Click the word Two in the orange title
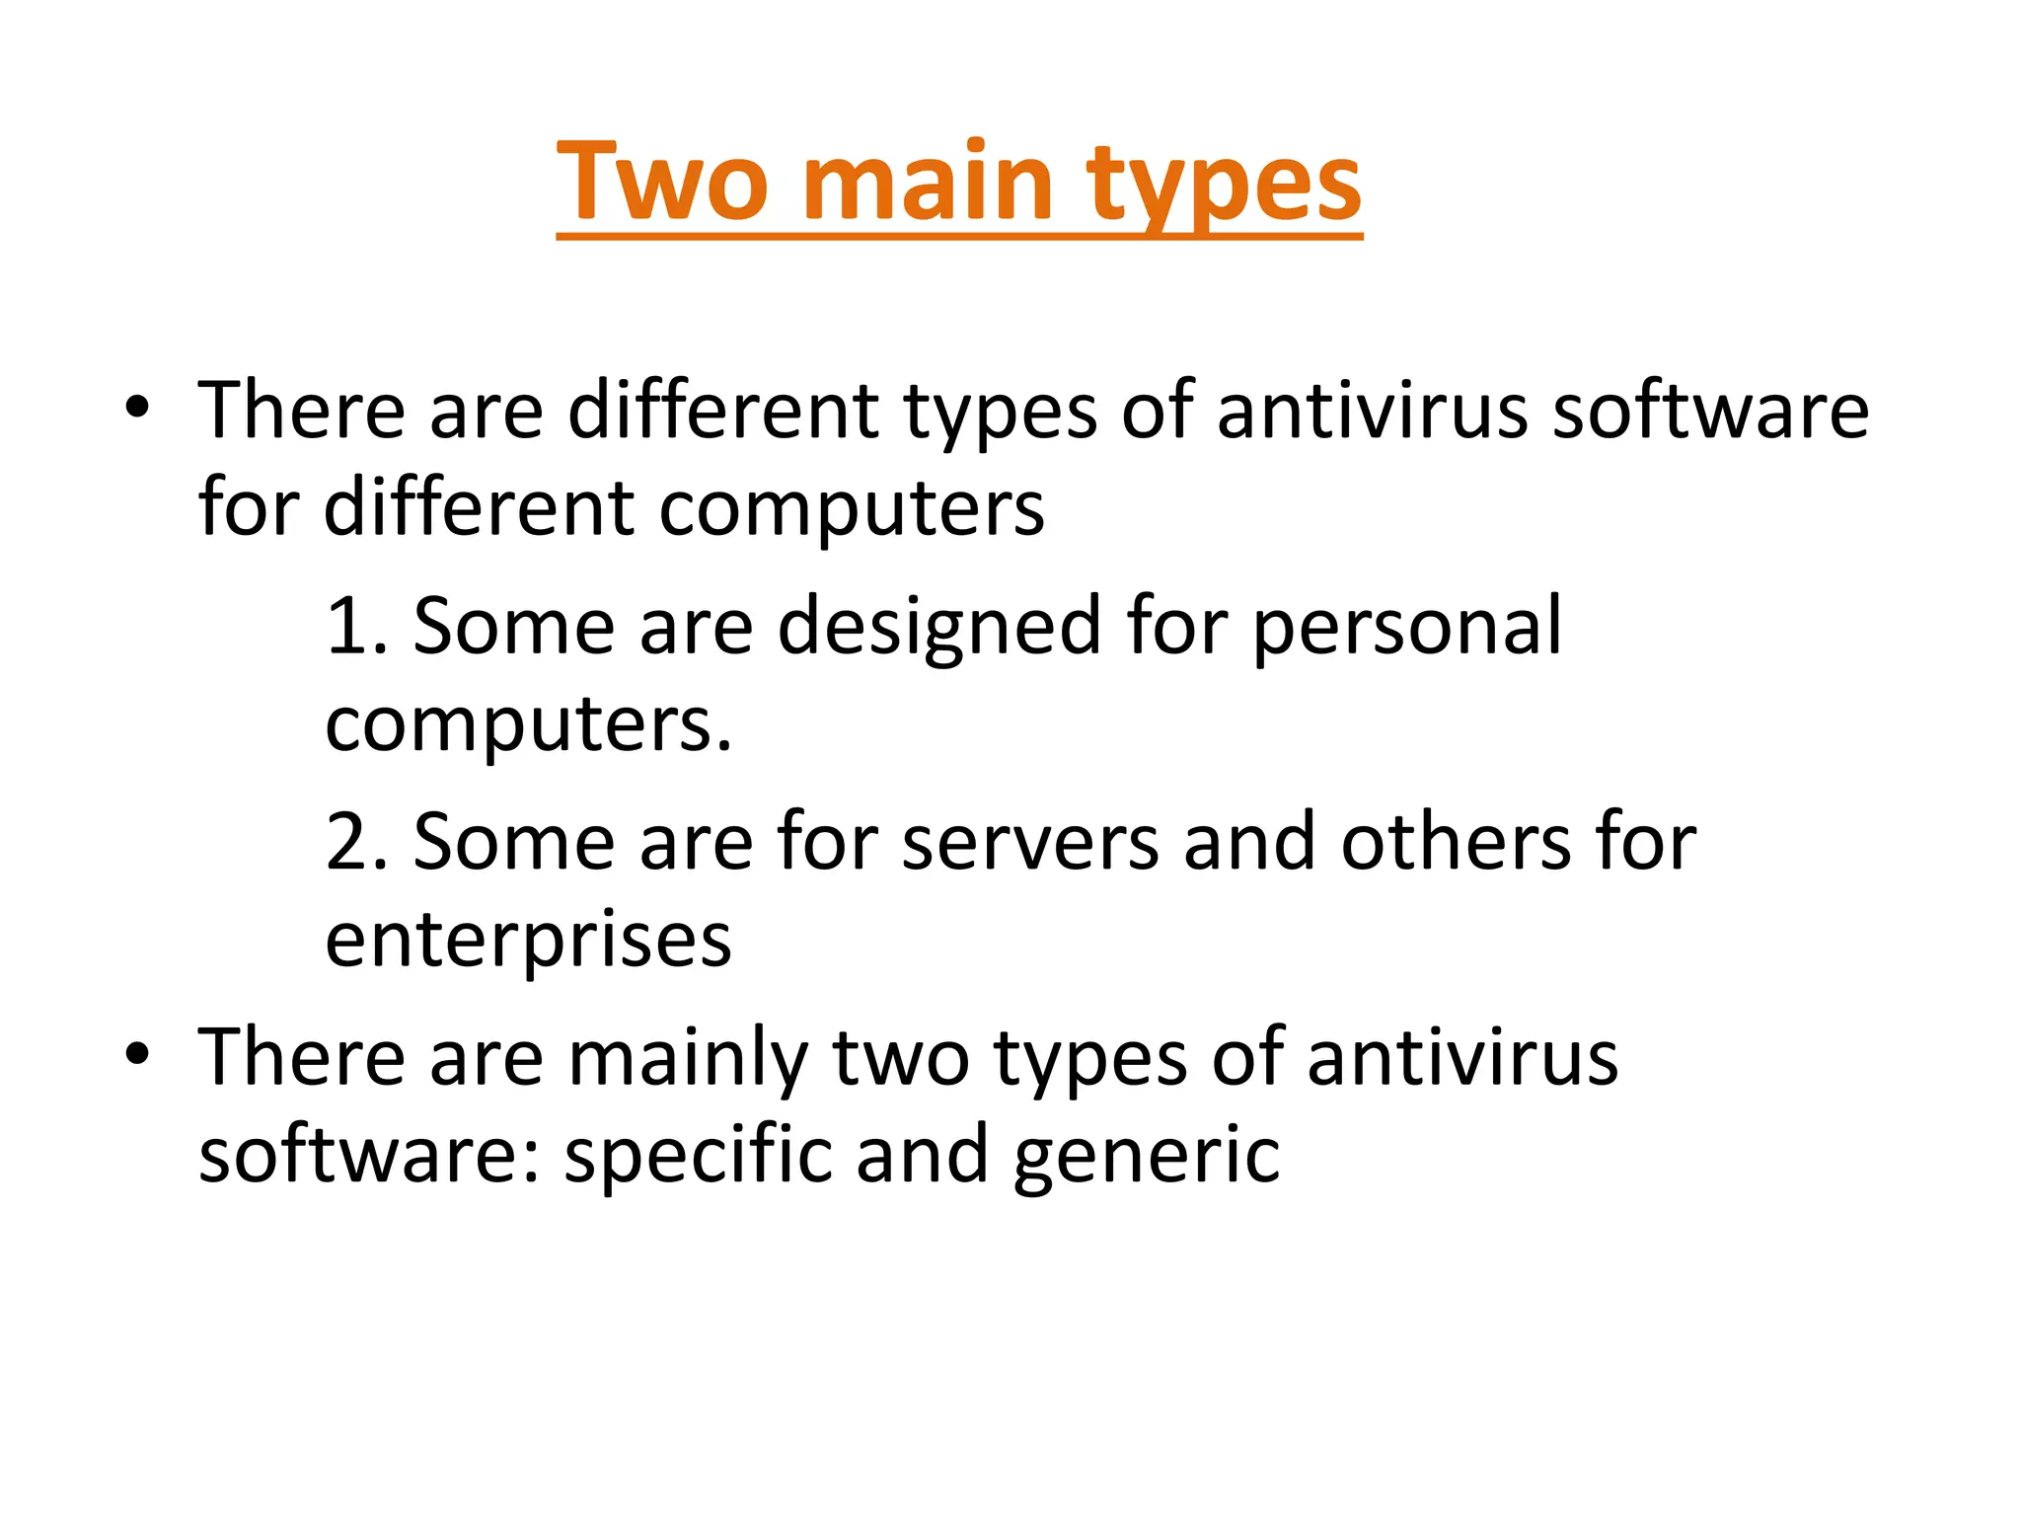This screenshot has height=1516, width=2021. pyautogui.click(x=662, y=183)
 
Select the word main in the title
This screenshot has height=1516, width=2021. pyautogui.click(x=929, y=183)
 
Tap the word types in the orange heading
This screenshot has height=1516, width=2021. pyautogui.click(x=1225, y=188)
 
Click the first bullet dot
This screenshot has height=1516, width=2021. pyautogui.click(x=137, y=408)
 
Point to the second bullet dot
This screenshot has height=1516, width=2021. pyautogui.click(x=137, y=1054)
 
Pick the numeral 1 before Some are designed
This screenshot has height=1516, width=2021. pyautogui.click(x=346, y=626)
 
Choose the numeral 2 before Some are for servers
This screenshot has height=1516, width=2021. pyautogui.click(x=347, y=842)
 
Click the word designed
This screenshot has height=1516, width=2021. pyautogui.click(x=938, y=628)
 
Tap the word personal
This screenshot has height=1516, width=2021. pyautogui.click(x=1407, y=628)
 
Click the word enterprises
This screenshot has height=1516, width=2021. pyautogui.click(x=529, y=941)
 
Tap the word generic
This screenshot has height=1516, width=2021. pyautogui.click(x=1146, y=1156)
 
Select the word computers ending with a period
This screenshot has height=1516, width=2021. pyautogui.click(x=529, y=725)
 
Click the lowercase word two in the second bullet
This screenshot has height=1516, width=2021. pyautogui.click(x=901, y=1057)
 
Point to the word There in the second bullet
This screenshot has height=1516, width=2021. pyautogui.click(x=302, y=1057)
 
